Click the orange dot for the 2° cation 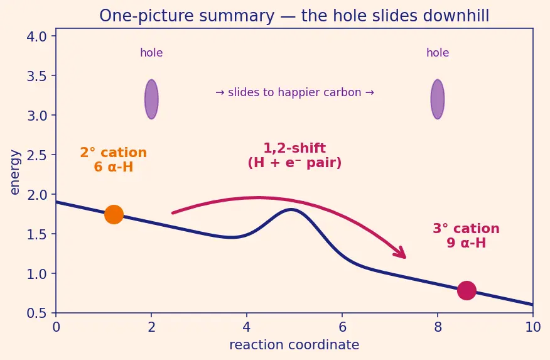[114, 214]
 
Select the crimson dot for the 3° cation [466, 290]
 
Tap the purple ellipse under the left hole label [151, 99]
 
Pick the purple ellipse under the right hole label [438, 99]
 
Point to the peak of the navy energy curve [291, 209]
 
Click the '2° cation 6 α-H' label [113, 160]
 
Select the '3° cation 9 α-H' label [466, 236]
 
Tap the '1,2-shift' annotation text [294, 148]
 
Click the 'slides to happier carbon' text [294, 92]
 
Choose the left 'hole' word [151, 53]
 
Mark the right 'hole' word [438, 53]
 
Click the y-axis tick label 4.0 [37, 36]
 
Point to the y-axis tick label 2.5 [37, 155]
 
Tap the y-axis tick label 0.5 [37, 314]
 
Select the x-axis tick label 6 [342, 327]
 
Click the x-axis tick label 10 [533, 327]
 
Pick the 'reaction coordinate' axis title [294, 345]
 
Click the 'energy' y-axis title [14, 172]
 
